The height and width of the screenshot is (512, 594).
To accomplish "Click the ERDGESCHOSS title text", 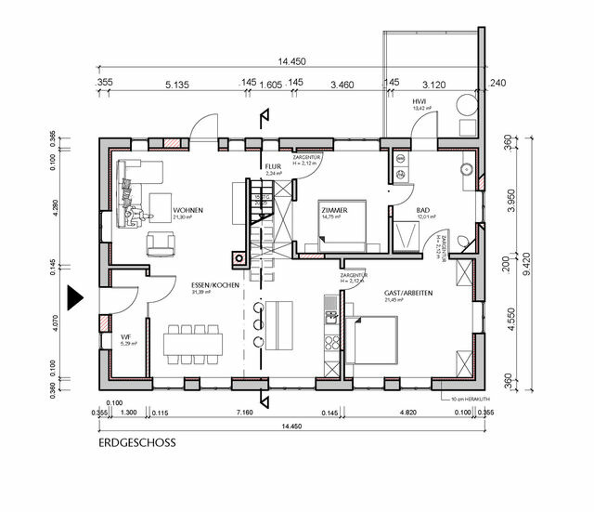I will click(136, 443).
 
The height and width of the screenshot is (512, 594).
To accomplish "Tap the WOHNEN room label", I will click(188, 211).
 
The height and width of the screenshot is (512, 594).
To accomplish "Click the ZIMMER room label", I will click(334, 211).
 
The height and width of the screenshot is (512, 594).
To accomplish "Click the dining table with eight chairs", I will click(194, 342).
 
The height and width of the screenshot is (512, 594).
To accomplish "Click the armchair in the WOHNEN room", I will click(162, 244).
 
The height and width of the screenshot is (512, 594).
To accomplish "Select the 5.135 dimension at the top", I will click(176, 84).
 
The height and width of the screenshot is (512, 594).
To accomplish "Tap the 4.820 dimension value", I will click(407, 411).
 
